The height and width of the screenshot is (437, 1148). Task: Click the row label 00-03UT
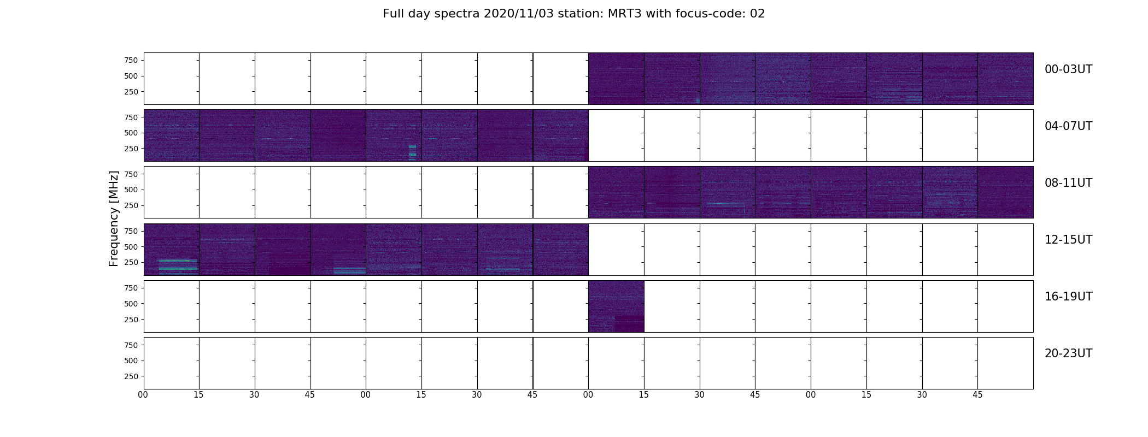1068,69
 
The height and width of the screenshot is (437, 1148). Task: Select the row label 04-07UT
1068,126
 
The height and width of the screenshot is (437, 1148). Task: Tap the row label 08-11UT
1068,183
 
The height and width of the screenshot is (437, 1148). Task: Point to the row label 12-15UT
1068,240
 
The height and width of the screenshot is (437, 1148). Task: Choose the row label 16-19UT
1068,297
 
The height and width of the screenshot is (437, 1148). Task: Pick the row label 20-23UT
1068,353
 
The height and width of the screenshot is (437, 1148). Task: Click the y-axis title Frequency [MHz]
114,218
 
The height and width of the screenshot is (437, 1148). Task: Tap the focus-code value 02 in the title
757,14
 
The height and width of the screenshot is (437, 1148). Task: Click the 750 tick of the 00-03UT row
131,60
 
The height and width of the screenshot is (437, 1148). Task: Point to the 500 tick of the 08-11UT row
131,190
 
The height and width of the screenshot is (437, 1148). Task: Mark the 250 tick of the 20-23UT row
131,376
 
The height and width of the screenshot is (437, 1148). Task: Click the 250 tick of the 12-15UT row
131,262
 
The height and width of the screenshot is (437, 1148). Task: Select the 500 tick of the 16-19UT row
131,304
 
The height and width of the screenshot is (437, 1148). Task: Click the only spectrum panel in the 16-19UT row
616,306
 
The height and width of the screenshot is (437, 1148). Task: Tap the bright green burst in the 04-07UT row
412,152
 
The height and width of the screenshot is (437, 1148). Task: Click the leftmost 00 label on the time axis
143,395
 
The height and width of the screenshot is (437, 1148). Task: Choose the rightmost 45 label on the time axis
977,395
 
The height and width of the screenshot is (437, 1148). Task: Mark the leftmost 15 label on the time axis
198,395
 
